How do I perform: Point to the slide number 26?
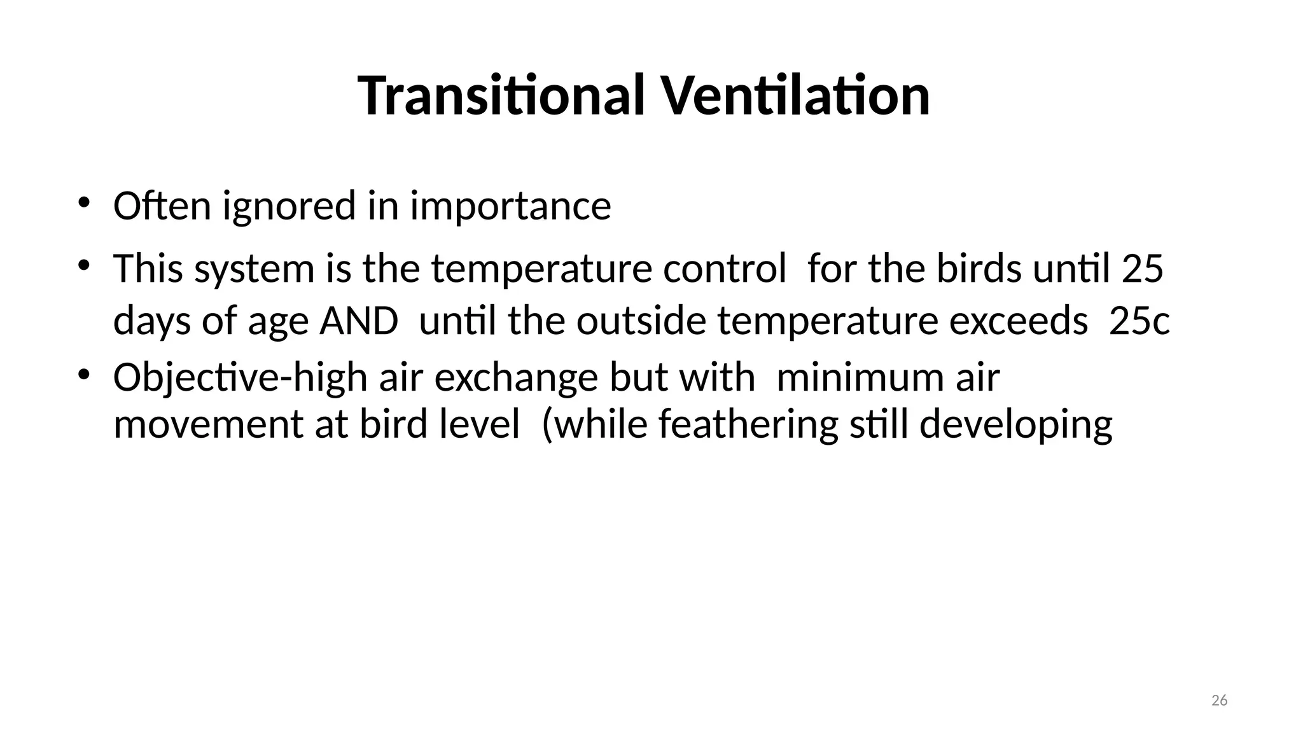point(1219,701)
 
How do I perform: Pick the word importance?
point(510,207)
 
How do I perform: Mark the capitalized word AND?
point(359,321)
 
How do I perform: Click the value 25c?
point(1139,321)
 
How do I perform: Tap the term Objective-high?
point(240,378)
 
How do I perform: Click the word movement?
point(208,424)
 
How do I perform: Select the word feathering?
point(748,425)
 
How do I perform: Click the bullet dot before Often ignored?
point(83,203)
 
